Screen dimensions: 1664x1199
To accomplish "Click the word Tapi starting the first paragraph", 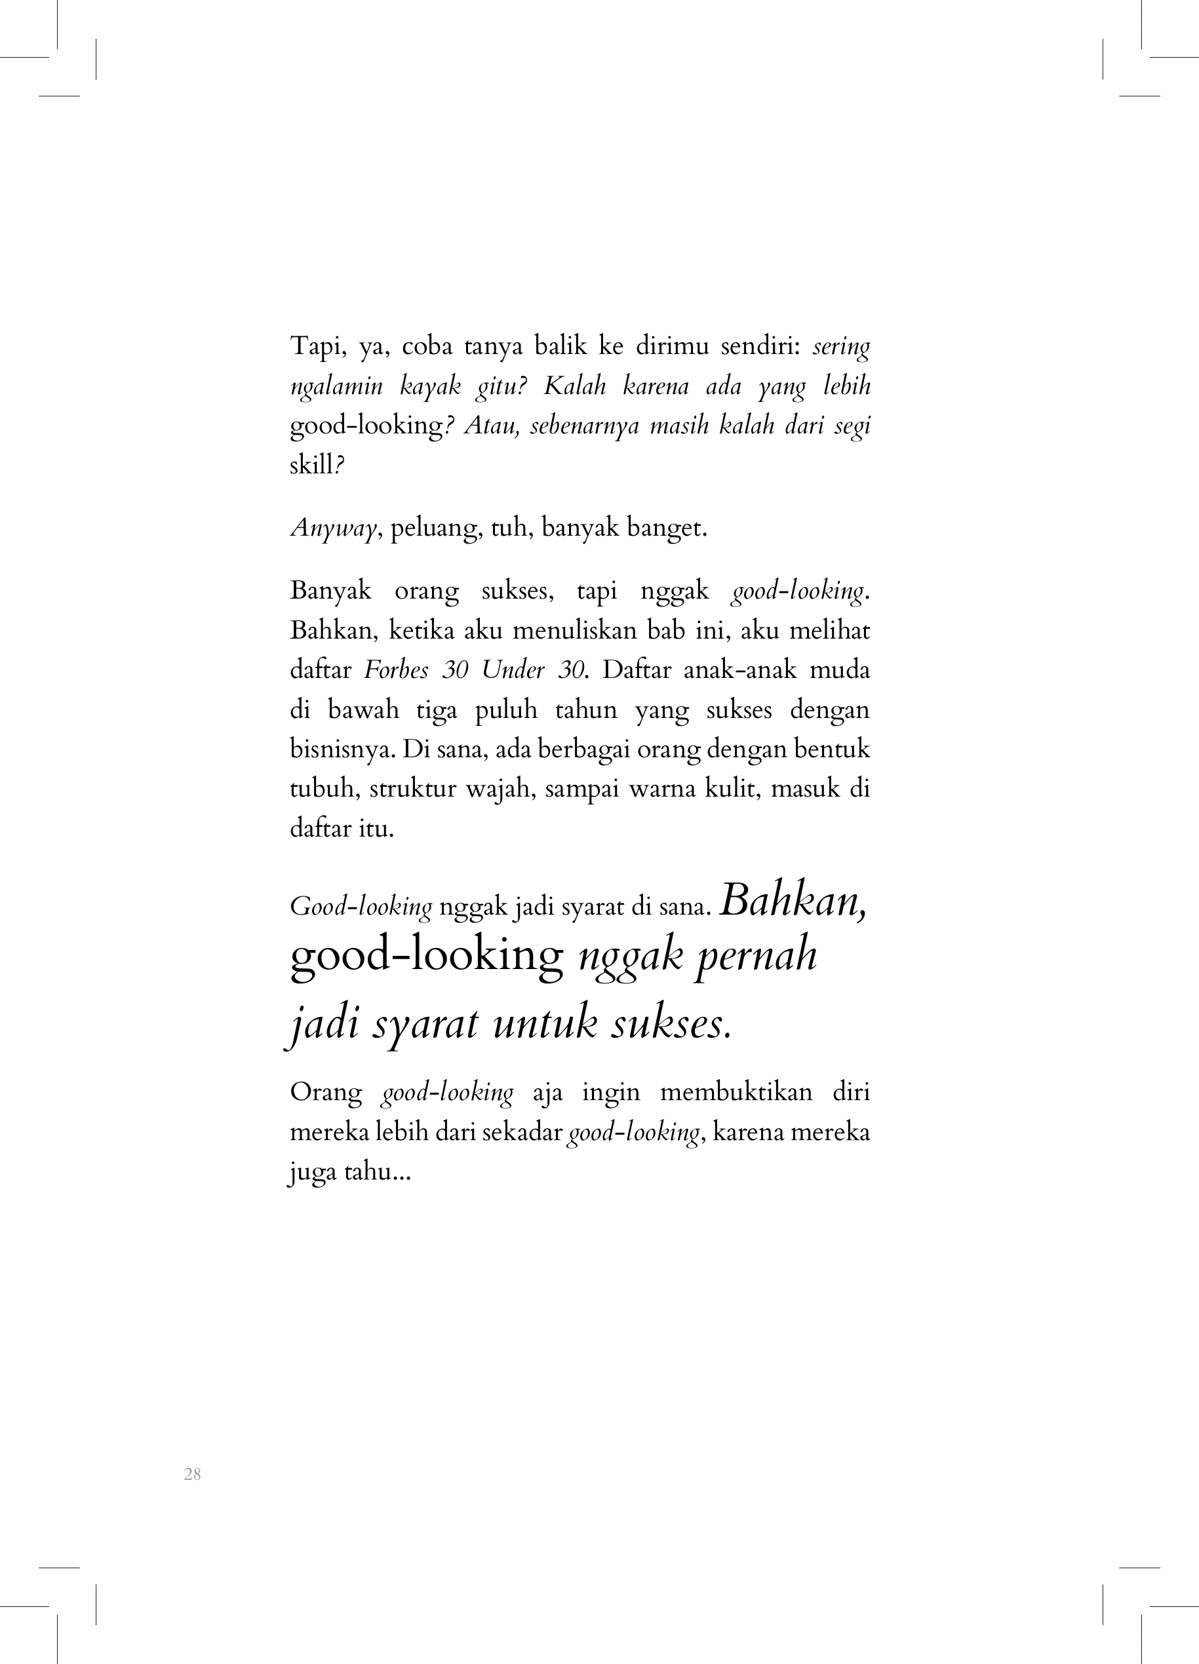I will pos(315,346).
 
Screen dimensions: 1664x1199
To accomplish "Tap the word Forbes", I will pos(396,670).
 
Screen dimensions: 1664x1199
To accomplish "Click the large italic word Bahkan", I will pos(793,901).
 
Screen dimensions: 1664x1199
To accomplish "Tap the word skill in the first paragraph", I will pos(312,465).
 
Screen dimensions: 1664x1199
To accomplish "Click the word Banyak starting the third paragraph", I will pos(331,591).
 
